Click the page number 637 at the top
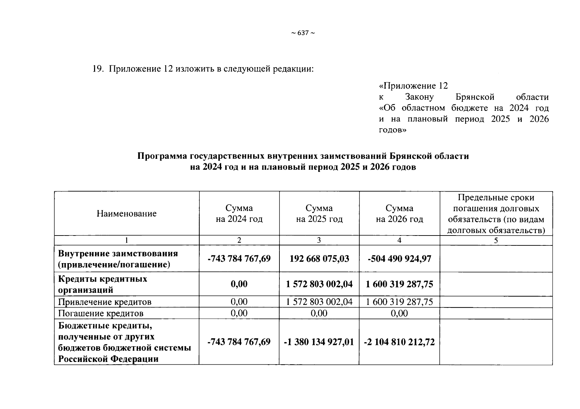(303, 33)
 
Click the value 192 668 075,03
(319, 259)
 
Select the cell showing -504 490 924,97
(399, 259)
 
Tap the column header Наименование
(126, 214)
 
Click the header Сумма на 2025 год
(319, 214)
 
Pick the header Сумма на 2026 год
(399, 214)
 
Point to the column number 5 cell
(496, 240)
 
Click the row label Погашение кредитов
(101, 313)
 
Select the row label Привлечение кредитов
(105, 302)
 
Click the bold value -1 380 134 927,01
(319, 342)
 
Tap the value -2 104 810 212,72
(399, 342)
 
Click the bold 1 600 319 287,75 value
(399, 284)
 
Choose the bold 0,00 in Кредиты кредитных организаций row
(239, 284)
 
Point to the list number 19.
(97, 69)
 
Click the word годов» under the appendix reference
(393, 130)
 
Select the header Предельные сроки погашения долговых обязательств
(496, 214)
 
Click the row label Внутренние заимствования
(118, 259)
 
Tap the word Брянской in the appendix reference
(475, 97)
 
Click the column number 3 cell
(319, 240)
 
